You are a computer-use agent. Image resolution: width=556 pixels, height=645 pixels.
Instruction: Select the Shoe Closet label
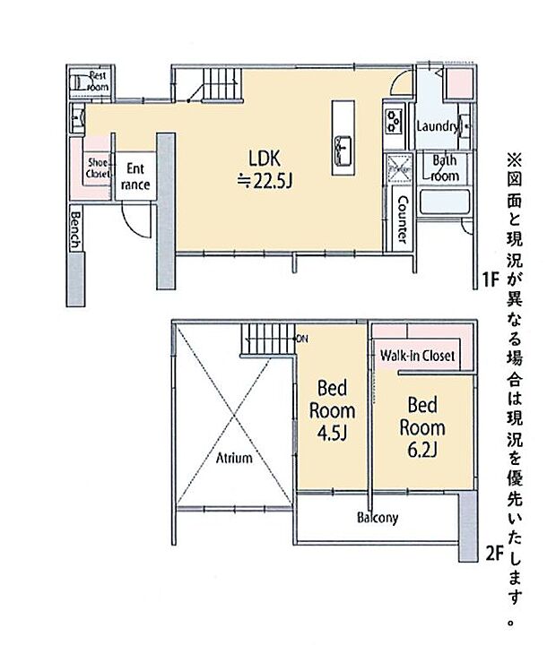click(98, 168)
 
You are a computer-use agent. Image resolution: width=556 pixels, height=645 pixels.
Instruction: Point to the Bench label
click(76, 229)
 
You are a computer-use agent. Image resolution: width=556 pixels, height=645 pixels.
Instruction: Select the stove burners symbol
click(394, 120)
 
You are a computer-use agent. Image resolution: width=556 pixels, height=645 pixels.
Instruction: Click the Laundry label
click(438, 127)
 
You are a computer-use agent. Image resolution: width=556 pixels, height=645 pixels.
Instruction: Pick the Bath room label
click(446, 168)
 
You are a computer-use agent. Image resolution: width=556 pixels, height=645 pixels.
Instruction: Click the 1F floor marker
click(490, 279)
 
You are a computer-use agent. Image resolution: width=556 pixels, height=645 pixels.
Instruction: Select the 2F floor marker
click(490, 553)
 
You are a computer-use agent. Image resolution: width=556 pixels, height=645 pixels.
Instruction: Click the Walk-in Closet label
click(417, 356)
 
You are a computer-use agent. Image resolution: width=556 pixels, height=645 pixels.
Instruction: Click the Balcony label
click(378, 518)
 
